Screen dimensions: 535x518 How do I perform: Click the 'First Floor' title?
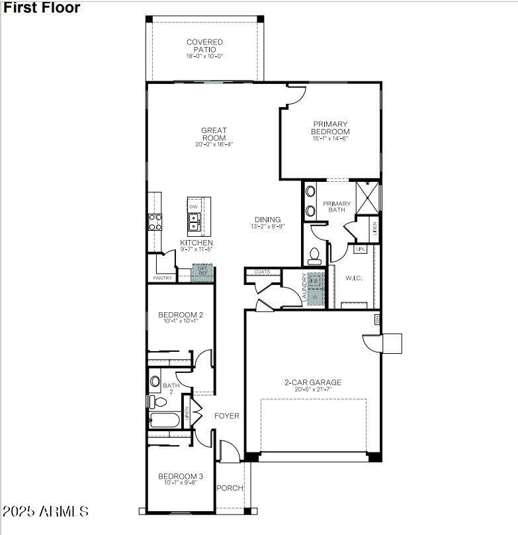click(41, 8)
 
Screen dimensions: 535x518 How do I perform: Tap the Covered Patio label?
click(204, 46)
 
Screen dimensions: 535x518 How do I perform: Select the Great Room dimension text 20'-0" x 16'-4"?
click(214, 144)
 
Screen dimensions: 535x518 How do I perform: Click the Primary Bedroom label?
click(330, 128)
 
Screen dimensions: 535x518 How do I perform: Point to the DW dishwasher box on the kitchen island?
click(194, 207)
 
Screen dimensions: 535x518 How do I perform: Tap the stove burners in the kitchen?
click(155, 222)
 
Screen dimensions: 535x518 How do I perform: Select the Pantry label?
click(162, 278)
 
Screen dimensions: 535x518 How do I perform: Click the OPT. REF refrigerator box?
click(202, 271)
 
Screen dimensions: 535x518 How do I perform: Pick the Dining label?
click(267, 220)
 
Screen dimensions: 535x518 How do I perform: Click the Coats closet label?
click(262, 272)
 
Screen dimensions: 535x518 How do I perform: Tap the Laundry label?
click(305, 288)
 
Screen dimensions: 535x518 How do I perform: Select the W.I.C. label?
click(353, 278)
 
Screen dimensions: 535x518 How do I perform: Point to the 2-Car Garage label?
click(313, 382)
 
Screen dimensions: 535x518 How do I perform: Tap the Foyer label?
click(226, 416)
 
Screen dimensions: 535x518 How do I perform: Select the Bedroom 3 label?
click(180, 476)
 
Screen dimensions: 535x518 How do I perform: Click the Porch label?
click(230, 488)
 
